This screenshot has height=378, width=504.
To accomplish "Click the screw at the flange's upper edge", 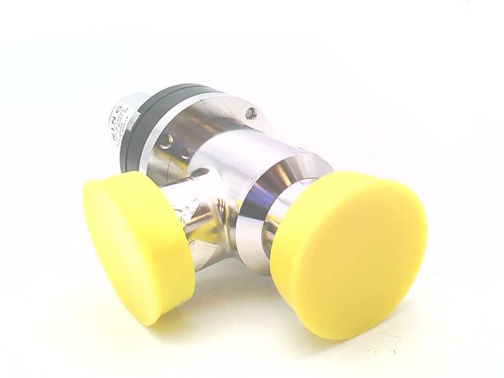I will coord(251,113).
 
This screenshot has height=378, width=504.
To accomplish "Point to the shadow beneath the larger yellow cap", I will coord(353,337).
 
